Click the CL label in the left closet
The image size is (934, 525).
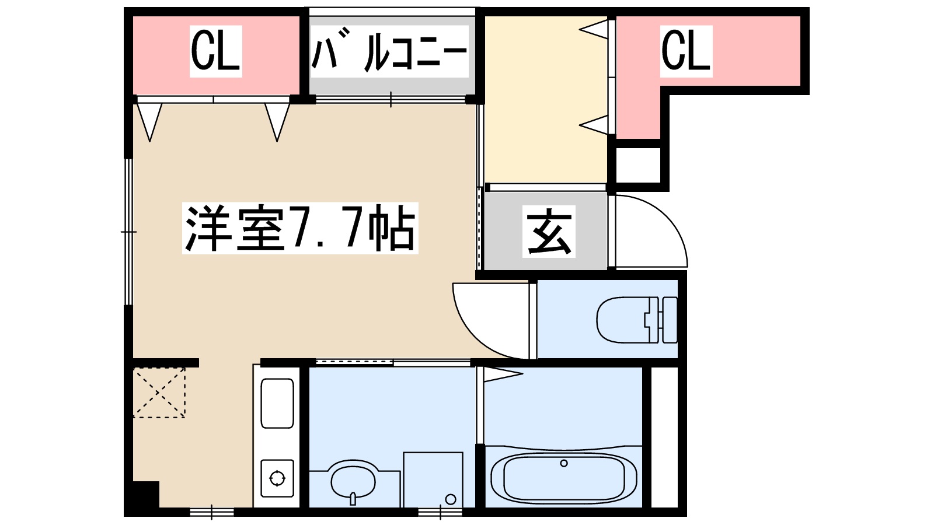point(215,51)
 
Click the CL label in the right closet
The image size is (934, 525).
point(686,51)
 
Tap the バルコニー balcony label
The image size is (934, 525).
point(389,51)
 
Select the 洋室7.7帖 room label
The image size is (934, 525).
point(300,228)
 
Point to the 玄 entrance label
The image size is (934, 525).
point(549,232)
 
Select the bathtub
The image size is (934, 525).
point(563,477)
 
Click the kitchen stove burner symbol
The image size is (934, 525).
point(277,478)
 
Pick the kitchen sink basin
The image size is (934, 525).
point(277,403)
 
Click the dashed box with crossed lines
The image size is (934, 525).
point(159,392)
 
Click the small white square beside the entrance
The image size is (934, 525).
point(639,165)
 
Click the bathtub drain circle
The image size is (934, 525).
point(563,463)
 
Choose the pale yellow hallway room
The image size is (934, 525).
point(546,99)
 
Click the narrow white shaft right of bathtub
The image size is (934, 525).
point(665,437)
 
